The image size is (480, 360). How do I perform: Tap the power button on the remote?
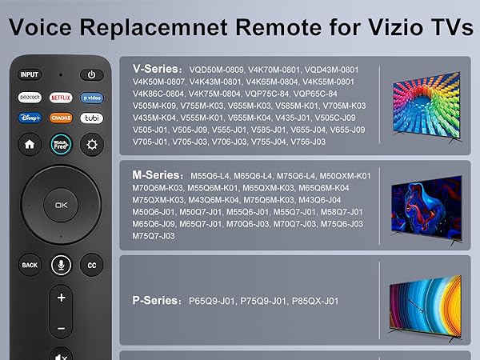tap(92, 75)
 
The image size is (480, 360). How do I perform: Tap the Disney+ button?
tap(30, 118)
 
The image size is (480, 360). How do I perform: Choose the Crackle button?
tap(61, 118)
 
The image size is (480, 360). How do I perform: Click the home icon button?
tap(30, 145)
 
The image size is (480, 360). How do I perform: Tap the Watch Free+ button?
tap(61, 145)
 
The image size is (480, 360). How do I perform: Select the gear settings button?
tap(92, 145)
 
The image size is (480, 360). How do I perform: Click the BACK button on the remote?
tap(30, 265)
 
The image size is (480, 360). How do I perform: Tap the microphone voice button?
tap(61, 265)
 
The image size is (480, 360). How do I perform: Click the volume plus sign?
tap(61, 298)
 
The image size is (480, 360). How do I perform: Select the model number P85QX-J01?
tap(310, 301)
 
